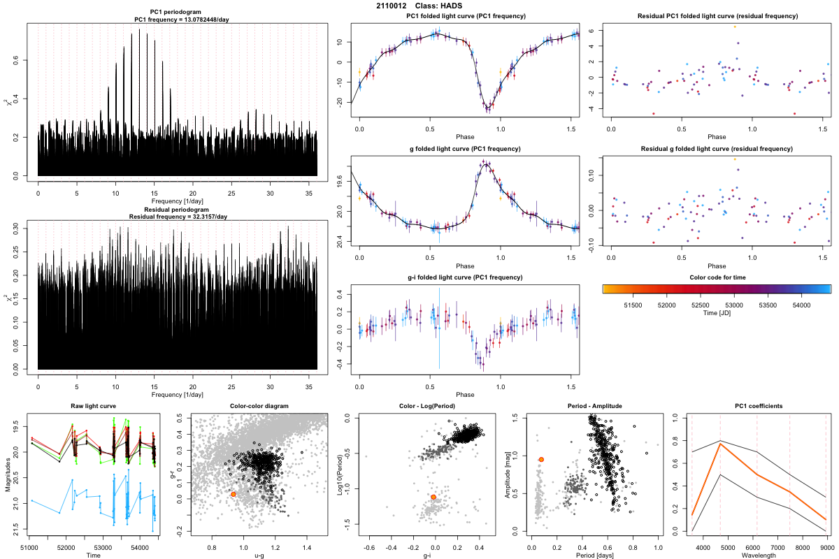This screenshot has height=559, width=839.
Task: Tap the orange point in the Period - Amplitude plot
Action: (x=541, y=459)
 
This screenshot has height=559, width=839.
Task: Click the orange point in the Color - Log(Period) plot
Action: (x=433, y=497)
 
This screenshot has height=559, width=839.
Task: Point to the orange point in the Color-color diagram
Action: (x=234, y=494)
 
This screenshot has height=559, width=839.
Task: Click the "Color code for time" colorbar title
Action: (x=717, y=277)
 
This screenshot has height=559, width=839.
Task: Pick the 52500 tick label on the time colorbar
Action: (x=700, y=305)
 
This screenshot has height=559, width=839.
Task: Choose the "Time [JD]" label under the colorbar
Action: (x=717, y=314)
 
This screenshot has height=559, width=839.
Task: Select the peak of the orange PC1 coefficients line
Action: (x=720, y=444)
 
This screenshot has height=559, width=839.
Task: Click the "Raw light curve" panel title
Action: (x=93, y=406)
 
